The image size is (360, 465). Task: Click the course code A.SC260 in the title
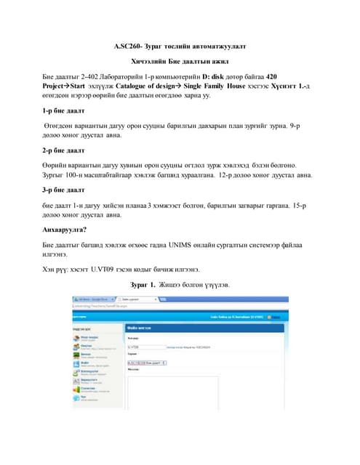128,46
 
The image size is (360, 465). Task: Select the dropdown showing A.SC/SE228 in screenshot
147,362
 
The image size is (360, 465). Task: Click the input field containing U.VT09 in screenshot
145,347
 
